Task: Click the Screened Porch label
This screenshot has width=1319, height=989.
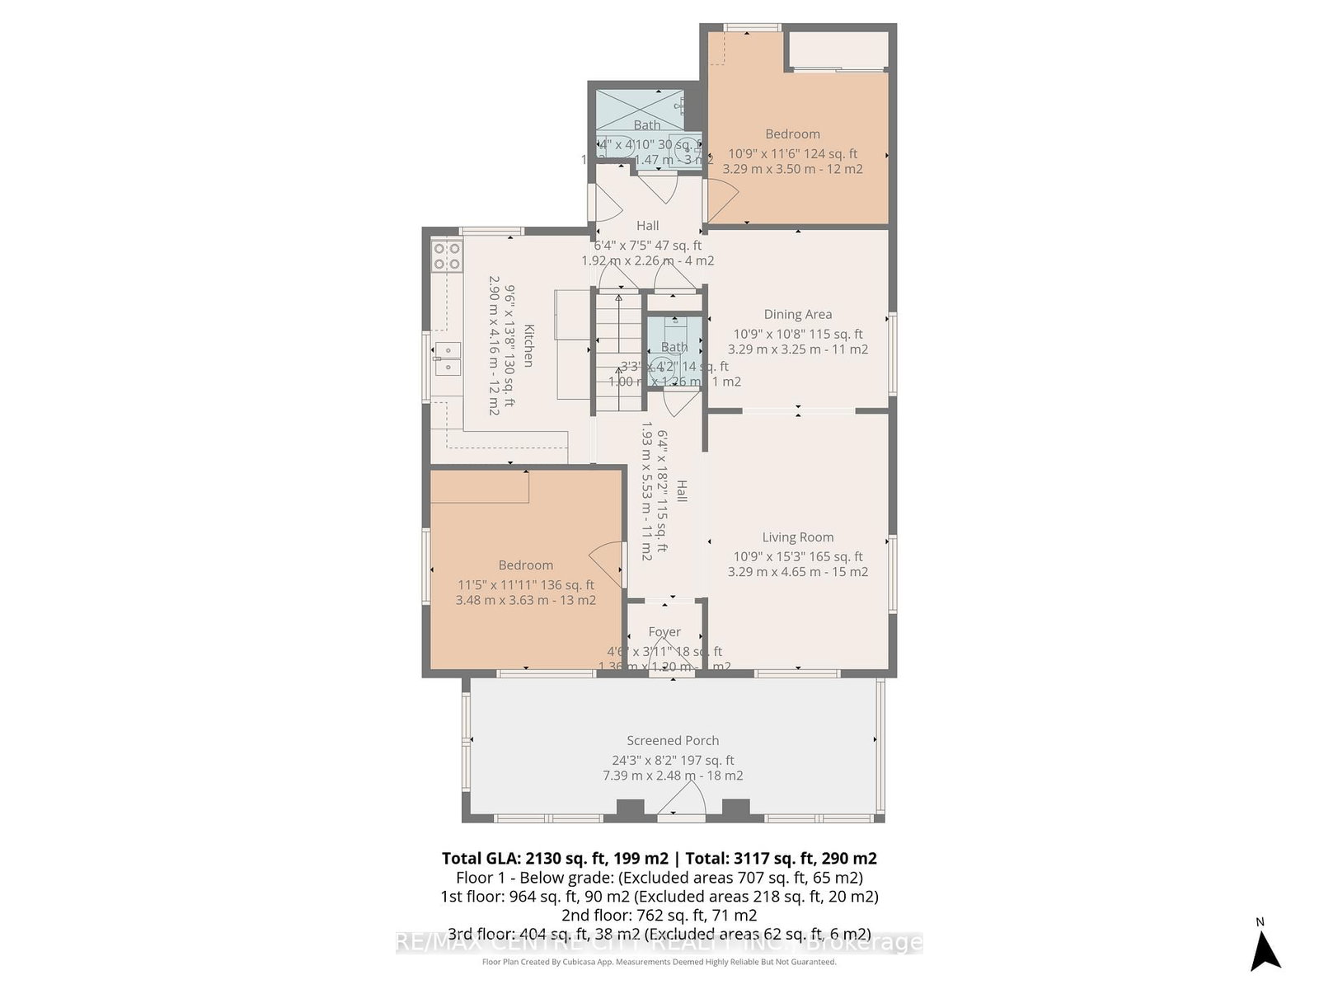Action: (x=673, y=740)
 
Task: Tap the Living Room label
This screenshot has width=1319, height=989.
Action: (x=797, y=537)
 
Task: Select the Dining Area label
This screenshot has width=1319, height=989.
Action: (x=797, y=314)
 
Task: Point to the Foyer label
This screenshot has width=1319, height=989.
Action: (x=664, y=632)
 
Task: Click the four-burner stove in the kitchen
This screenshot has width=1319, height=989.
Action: (x=447, y=256)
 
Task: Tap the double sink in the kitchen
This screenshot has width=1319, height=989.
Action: (x=446, y=355)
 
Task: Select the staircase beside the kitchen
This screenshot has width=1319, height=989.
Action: (x=618, y=351)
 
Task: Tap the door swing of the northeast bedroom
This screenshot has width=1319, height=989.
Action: (x=723, y=199)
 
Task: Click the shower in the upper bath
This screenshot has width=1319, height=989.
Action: (x=639, y=109)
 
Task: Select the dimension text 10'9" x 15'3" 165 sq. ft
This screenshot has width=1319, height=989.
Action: (x=798, y=556)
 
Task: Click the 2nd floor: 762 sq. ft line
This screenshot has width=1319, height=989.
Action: (x=659, y=915)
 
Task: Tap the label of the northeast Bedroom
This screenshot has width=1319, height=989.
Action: (x=792, y=134)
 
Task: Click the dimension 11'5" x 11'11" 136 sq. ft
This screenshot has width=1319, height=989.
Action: (x=526, y=584)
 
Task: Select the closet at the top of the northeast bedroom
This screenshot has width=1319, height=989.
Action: (x=838, y=51)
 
